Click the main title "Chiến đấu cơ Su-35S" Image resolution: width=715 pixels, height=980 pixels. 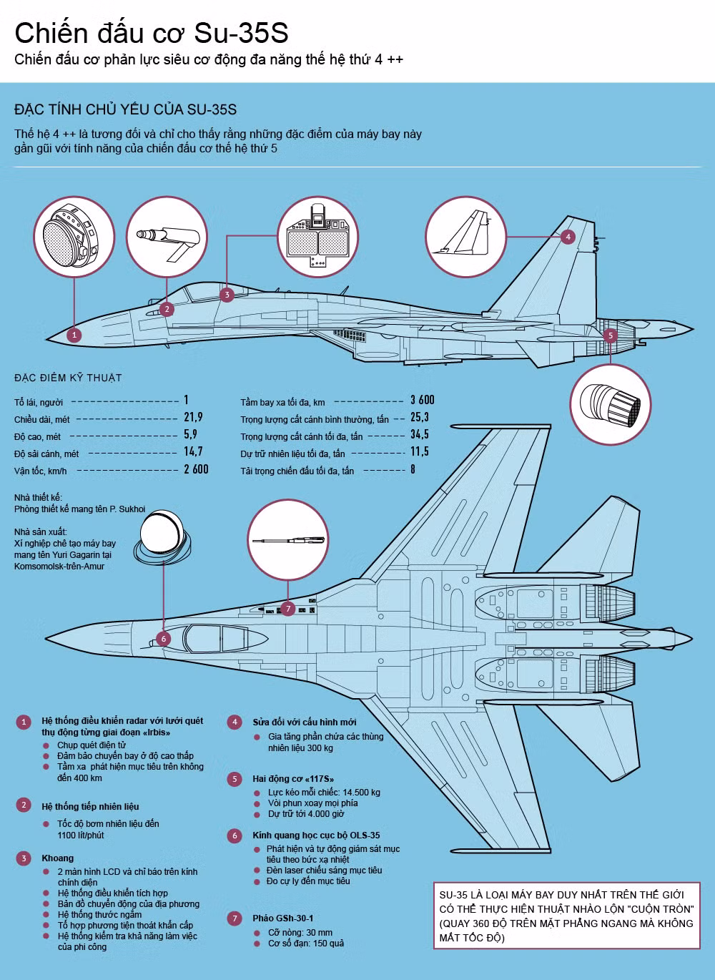(x=151, y=34)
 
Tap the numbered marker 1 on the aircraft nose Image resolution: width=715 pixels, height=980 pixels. (x=74, y=334)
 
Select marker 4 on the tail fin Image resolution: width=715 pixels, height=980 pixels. (x=568, y=237)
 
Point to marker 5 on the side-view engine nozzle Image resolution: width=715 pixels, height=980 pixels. (x=610, y=334)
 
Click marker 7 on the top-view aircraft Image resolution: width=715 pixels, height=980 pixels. (x=287, y=609)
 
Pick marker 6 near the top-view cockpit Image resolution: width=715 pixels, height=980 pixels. (x=163, y=639)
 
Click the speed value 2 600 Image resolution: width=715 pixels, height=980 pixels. (x=196, y=469)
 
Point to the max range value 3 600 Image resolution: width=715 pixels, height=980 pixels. (x=422, y=400)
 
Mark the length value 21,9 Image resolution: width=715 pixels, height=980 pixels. (x=193, y=417)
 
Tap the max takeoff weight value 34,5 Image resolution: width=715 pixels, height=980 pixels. (x=420, y=434)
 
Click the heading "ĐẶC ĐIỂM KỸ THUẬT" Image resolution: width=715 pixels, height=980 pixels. (x=68, y=378)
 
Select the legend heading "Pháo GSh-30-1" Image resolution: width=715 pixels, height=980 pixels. (x=282, y=918)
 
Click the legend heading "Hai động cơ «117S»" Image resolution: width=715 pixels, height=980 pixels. (x=293, y=778)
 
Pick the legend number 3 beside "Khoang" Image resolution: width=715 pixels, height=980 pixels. (x=24, y=858)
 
